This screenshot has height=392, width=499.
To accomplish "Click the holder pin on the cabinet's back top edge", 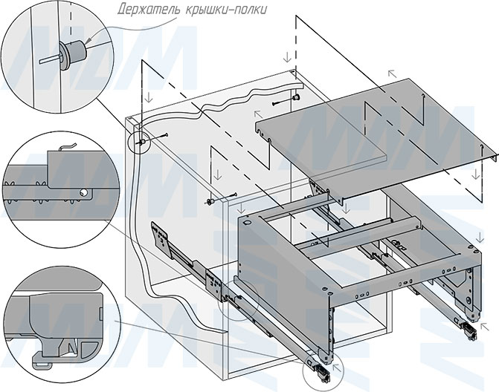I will (x=296, y=97).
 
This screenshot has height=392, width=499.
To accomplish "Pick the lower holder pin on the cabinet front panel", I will (x=212, y=200).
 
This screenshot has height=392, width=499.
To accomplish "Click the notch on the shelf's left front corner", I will (x=261, y=131).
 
